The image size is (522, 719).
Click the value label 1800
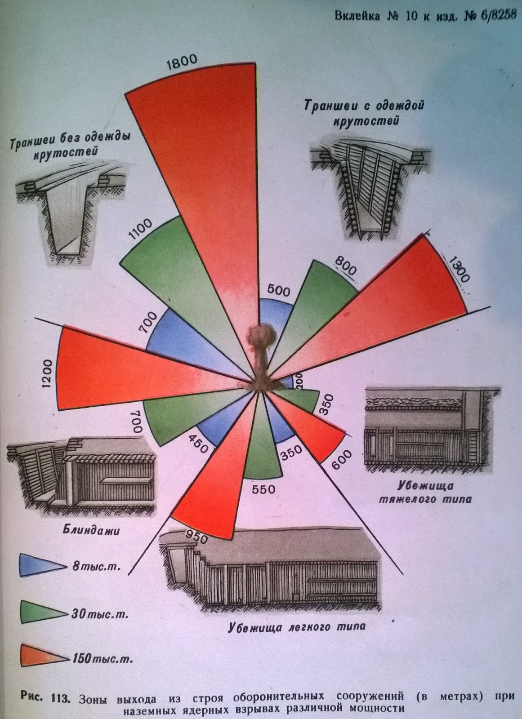click(x=182, y=62)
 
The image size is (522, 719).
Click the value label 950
click(x=195, y=536)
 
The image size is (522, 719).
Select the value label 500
click(x=279, y=290)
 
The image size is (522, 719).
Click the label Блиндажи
click(x=91, y=531)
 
